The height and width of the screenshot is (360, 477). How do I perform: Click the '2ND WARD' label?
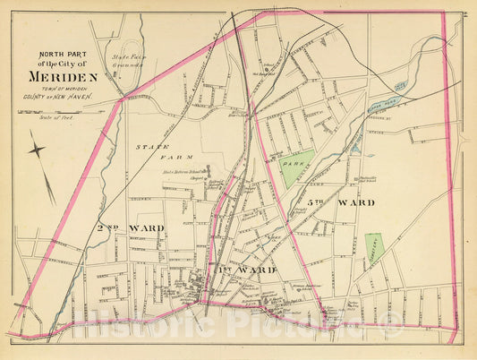pyautogui.click(x=130, y=227)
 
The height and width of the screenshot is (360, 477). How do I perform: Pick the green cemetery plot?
pyautogui.click(x=374, y=246)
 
